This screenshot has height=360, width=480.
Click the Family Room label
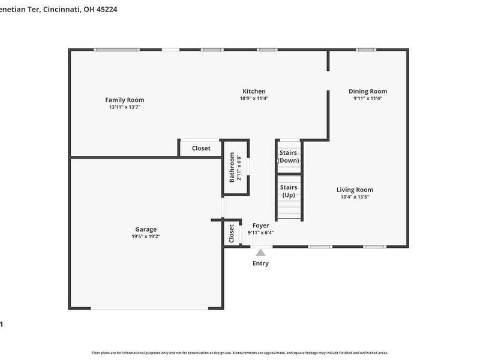pos(125,100)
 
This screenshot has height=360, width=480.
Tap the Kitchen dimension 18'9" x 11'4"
pos(254,98)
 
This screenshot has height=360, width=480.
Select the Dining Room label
pos(368,91)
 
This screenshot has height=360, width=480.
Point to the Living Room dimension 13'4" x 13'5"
pos(355,197)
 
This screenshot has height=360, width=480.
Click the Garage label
pos(146,229)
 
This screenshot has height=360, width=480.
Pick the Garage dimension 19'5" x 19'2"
pos(146,236)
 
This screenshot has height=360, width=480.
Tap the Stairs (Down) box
pos(288,157)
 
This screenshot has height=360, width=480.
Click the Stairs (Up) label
pos(289,191)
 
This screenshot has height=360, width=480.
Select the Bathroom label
pos(232,169)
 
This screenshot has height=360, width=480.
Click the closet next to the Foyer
pos(232,233)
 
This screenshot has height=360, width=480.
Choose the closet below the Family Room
pos(201,148)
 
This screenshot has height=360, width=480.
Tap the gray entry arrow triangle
pos(260,253)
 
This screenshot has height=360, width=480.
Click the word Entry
pos(260,263)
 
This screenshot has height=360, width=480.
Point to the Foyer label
pos(260,226)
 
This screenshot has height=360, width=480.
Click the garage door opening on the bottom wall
pos(150,308)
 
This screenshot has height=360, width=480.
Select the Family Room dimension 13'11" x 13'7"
pos(125,107)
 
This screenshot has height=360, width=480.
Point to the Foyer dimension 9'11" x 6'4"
pos(260,233)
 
